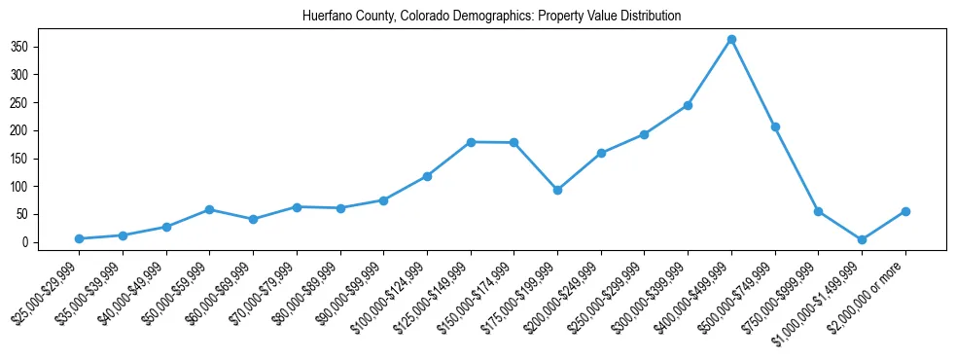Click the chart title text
pyautogui.click(x=478, y=17)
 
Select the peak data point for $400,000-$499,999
pyautogui.click(x=731, y=39)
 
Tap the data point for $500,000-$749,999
pyautogui.click(x=775, y=126)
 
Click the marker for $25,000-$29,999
pyautogui.click(x=79, y=238)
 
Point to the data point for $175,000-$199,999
pyautogui.click(x=557, y=190)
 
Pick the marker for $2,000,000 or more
pyautogui.click(x=905, y=211)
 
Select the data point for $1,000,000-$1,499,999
pyautogui.click(x=862, y=239)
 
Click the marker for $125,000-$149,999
pyautogui.click(x=471, y=142)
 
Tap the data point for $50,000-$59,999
pyautogui.click(x=209, y=209)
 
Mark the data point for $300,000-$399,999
pyautogui.click(x=688, y=105)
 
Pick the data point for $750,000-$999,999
pyautogui.click(x=818, y=211)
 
